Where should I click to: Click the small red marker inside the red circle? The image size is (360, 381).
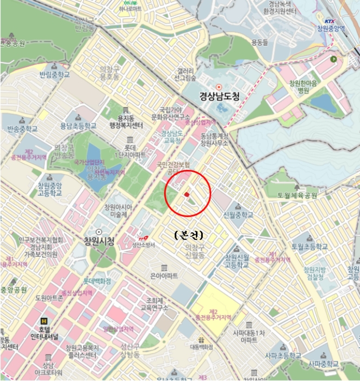pyautogui.click(x=187, y=194)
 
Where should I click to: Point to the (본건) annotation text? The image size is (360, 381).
pyautogui.click(x=188, y=236)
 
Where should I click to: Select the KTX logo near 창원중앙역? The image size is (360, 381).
pyautogui.click(x=330, y=21)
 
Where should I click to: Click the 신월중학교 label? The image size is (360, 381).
pyautogui.click(x=238, y=215)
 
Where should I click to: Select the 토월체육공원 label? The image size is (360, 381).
pyautogui.click(x=297, y=195)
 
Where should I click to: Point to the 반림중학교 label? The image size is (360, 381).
pyautogui.click(x=55, y=75)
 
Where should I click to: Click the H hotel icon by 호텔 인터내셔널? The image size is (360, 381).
pyautogui.click(x=44, y=321)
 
